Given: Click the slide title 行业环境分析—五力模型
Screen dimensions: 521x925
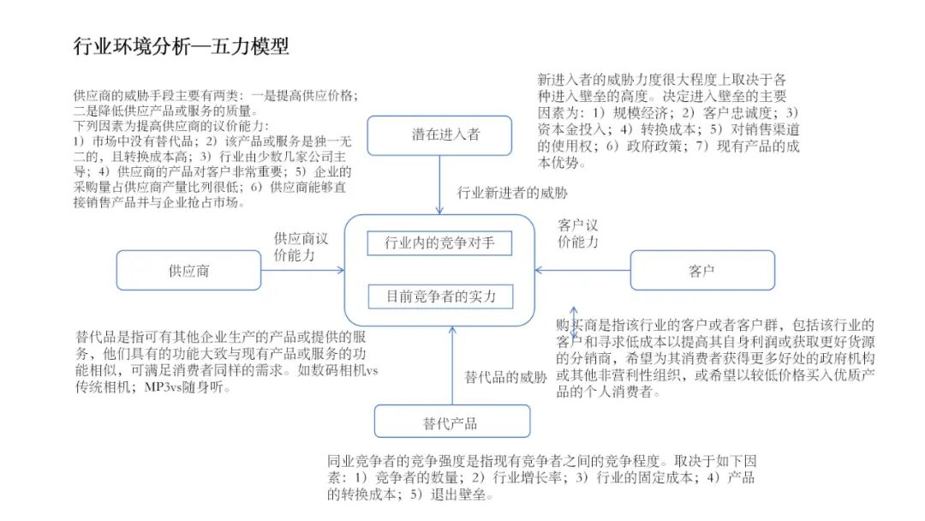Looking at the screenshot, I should [x=181, y=45].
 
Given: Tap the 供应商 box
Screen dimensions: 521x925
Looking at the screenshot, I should [x=188, y=271].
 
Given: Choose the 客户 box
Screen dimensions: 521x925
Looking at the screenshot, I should [x=701, y=271].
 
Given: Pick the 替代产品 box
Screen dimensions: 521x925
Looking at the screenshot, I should [x=451, y=422].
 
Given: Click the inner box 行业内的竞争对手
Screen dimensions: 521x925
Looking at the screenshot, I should [x=439, y=243].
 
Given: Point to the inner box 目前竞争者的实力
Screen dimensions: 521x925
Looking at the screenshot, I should [x=439, y=297].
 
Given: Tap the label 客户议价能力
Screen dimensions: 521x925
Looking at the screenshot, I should [x=578, y=233].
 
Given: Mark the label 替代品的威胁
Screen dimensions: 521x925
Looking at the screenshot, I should [x=506, y=377].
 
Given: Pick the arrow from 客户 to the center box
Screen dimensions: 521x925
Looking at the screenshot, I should [x=582, y=271].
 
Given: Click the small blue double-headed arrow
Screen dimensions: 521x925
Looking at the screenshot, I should [x=574, y=323].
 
